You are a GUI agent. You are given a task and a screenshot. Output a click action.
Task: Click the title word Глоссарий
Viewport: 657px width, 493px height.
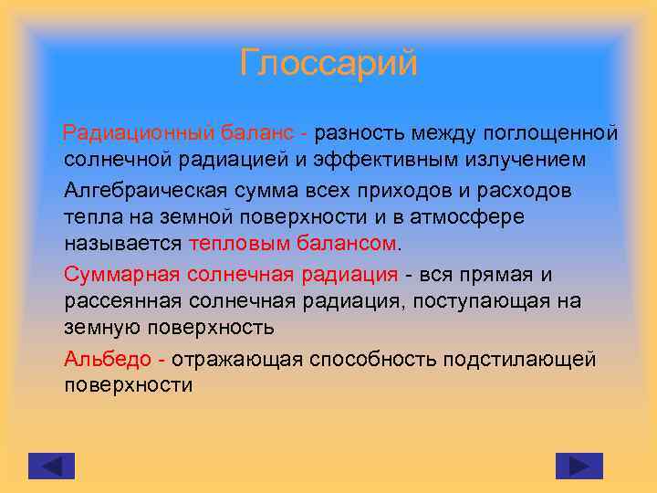[x=328, y=64]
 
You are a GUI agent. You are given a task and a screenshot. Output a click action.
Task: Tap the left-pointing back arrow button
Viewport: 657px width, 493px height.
[x=51, y=466]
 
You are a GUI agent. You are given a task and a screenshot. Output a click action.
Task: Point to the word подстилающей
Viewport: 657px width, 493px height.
[x=519, y=359]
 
